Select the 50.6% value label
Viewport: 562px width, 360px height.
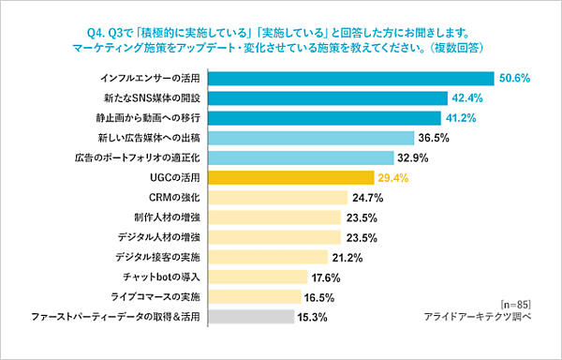(516, 79)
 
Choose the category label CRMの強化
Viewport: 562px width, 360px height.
(177, 197)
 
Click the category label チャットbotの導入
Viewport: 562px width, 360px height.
(163, 277)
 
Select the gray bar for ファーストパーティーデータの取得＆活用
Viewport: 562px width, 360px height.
(253, 317)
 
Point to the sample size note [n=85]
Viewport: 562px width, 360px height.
(515, 303)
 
